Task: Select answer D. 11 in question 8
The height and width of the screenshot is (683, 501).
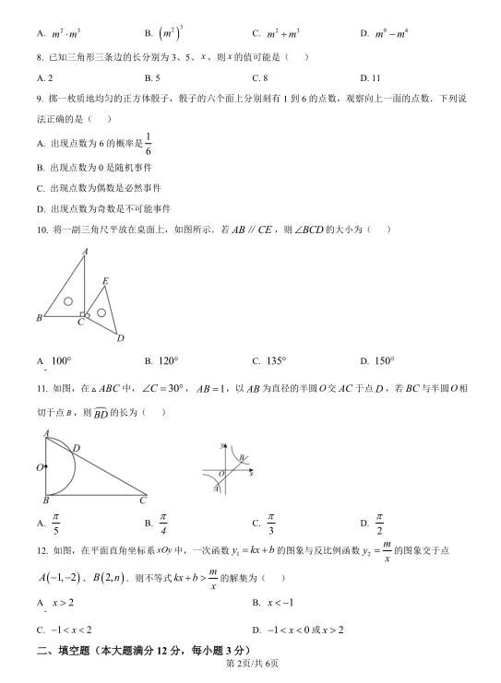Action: point(370,78)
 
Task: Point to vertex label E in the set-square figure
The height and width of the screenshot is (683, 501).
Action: point(105,280)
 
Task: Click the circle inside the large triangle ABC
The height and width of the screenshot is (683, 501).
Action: point(68,301)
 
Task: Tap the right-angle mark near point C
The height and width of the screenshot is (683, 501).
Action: point(83,314)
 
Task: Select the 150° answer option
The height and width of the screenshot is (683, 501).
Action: point(377,360)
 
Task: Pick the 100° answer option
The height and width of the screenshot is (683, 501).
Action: point(55,360)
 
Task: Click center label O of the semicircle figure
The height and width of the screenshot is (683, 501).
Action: point(40,468)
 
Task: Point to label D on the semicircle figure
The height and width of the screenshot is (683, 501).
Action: point(76,448)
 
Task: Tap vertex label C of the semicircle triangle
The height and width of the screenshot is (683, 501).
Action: point(143,500)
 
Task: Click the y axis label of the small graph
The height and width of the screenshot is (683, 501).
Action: point(221,445)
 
